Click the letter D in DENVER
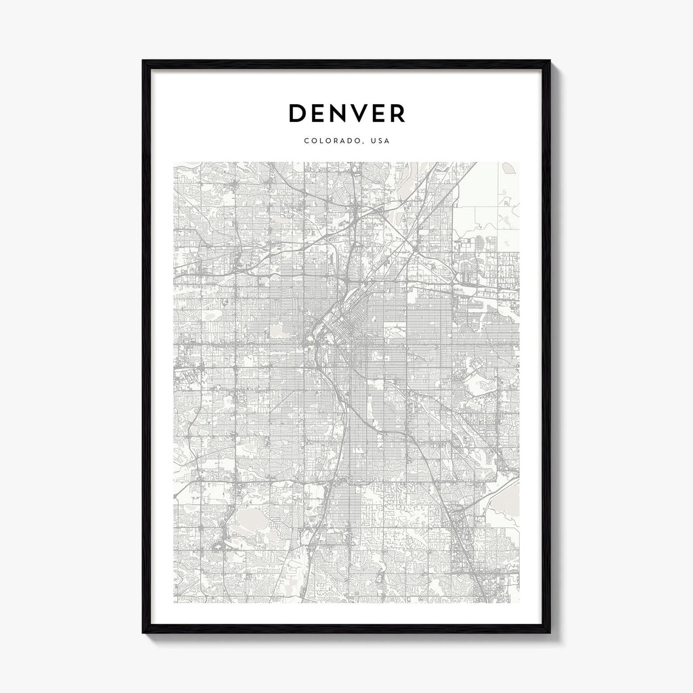pyautogui.click(x=298, y=113)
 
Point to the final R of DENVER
pyautogui.click(x=397, y=113)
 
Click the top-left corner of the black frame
pyautogui.click(x=143, y=62)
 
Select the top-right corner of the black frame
pyautogui.click(x=549, y=62)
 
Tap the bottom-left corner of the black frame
pyautogui.click(x=143, y=631)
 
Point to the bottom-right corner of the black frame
pyautogui.click(x=549, y=631)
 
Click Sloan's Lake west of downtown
pyautogui.click(x=277, y=330)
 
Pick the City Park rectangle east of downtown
pyautogui.click(x=395, y=331)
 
